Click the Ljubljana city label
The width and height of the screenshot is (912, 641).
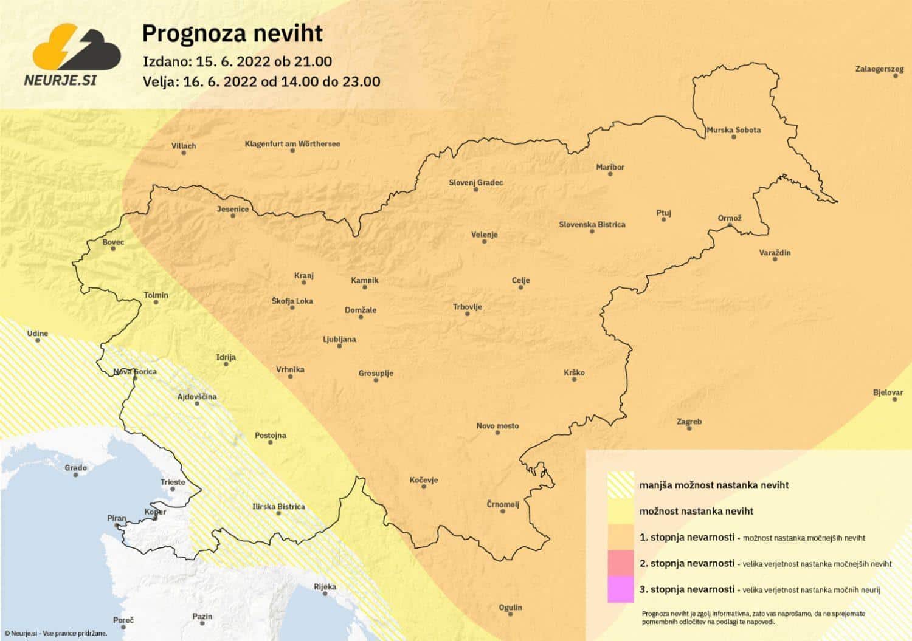point(339,339)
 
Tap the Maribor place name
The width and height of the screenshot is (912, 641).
point(610,167)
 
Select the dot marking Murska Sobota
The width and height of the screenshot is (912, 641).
point(734,137)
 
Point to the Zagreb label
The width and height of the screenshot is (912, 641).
point(689,422)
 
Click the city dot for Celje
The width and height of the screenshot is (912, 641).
point(520,287)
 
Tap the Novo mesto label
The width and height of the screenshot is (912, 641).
point(497,426)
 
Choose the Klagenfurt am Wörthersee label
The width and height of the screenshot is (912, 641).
point(292,144)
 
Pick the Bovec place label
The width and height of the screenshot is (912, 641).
point(113,242)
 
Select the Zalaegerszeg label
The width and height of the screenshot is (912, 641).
point(879,69)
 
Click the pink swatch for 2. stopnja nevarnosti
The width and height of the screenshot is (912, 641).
point(620,563)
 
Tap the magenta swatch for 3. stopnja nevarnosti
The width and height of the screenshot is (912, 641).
point(620,589)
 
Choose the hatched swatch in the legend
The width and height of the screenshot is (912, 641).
point(620,485)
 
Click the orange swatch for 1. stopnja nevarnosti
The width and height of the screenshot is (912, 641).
point(620,537)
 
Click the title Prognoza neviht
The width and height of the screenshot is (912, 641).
point(232,33)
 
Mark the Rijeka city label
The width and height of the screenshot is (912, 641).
point(325,586)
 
